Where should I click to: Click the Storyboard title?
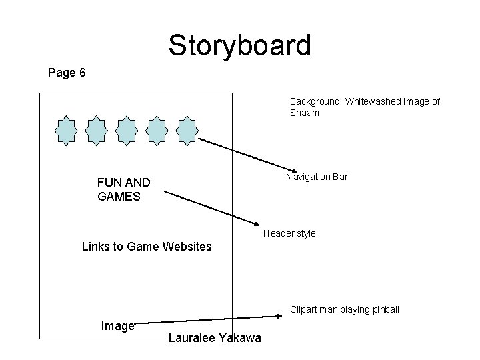point(239,45)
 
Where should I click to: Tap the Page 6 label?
point(67,73)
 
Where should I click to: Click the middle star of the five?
point(126,130)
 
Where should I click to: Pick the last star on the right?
point(187,130)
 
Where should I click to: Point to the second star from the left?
point(96,130)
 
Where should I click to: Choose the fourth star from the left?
point(157,130)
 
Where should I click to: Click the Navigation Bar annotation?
point(317,177)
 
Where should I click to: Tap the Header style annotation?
point(289,233)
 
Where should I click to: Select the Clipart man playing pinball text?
point(345,309)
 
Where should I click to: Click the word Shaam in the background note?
point(305,113)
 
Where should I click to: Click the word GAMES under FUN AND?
point(119,197)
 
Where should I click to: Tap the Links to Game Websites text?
point(147,247)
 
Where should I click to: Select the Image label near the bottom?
point(117,326)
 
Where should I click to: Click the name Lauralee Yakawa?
point(215,339)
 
